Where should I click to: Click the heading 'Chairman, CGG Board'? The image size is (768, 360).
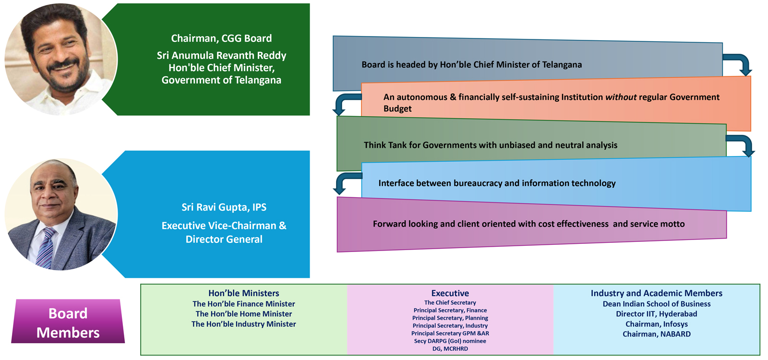[221, 38]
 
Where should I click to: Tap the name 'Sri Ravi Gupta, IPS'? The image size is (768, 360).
[224, 207]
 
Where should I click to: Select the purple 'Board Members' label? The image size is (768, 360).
[68, 323]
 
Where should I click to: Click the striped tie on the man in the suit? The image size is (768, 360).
[46, 247]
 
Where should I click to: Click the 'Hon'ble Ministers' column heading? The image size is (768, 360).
[243, 293]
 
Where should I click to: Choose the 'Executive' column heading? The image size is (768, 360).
[450, 293]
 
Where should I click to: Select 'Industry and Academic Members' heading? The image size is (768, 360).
[656, 293]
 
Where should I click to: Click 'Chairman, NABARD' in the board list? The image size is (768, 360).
[656, 334]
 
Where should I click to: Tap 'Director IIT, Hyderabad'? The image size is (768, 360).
[656, 314]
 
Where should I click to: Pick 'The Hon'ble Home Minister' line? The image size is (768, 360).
[243, 314]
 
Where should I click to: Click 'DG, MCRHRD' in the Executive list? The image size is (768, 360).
[450, 349]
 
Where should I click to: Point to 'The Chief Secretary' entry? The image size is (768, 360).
[450, 303]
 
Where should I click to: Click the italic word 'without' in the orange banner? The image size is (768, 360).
[621, 97]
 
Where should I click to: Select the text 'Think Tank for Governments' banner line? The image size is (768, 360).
[490, 145]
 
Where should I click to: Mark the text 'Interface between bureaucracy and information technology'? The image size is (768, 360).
[497, 183]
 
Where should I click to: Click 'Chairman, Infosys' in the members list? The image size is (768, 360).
[656, 324]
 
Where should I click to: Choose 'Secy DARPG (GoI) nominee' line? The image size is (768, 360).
[450, 341]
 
